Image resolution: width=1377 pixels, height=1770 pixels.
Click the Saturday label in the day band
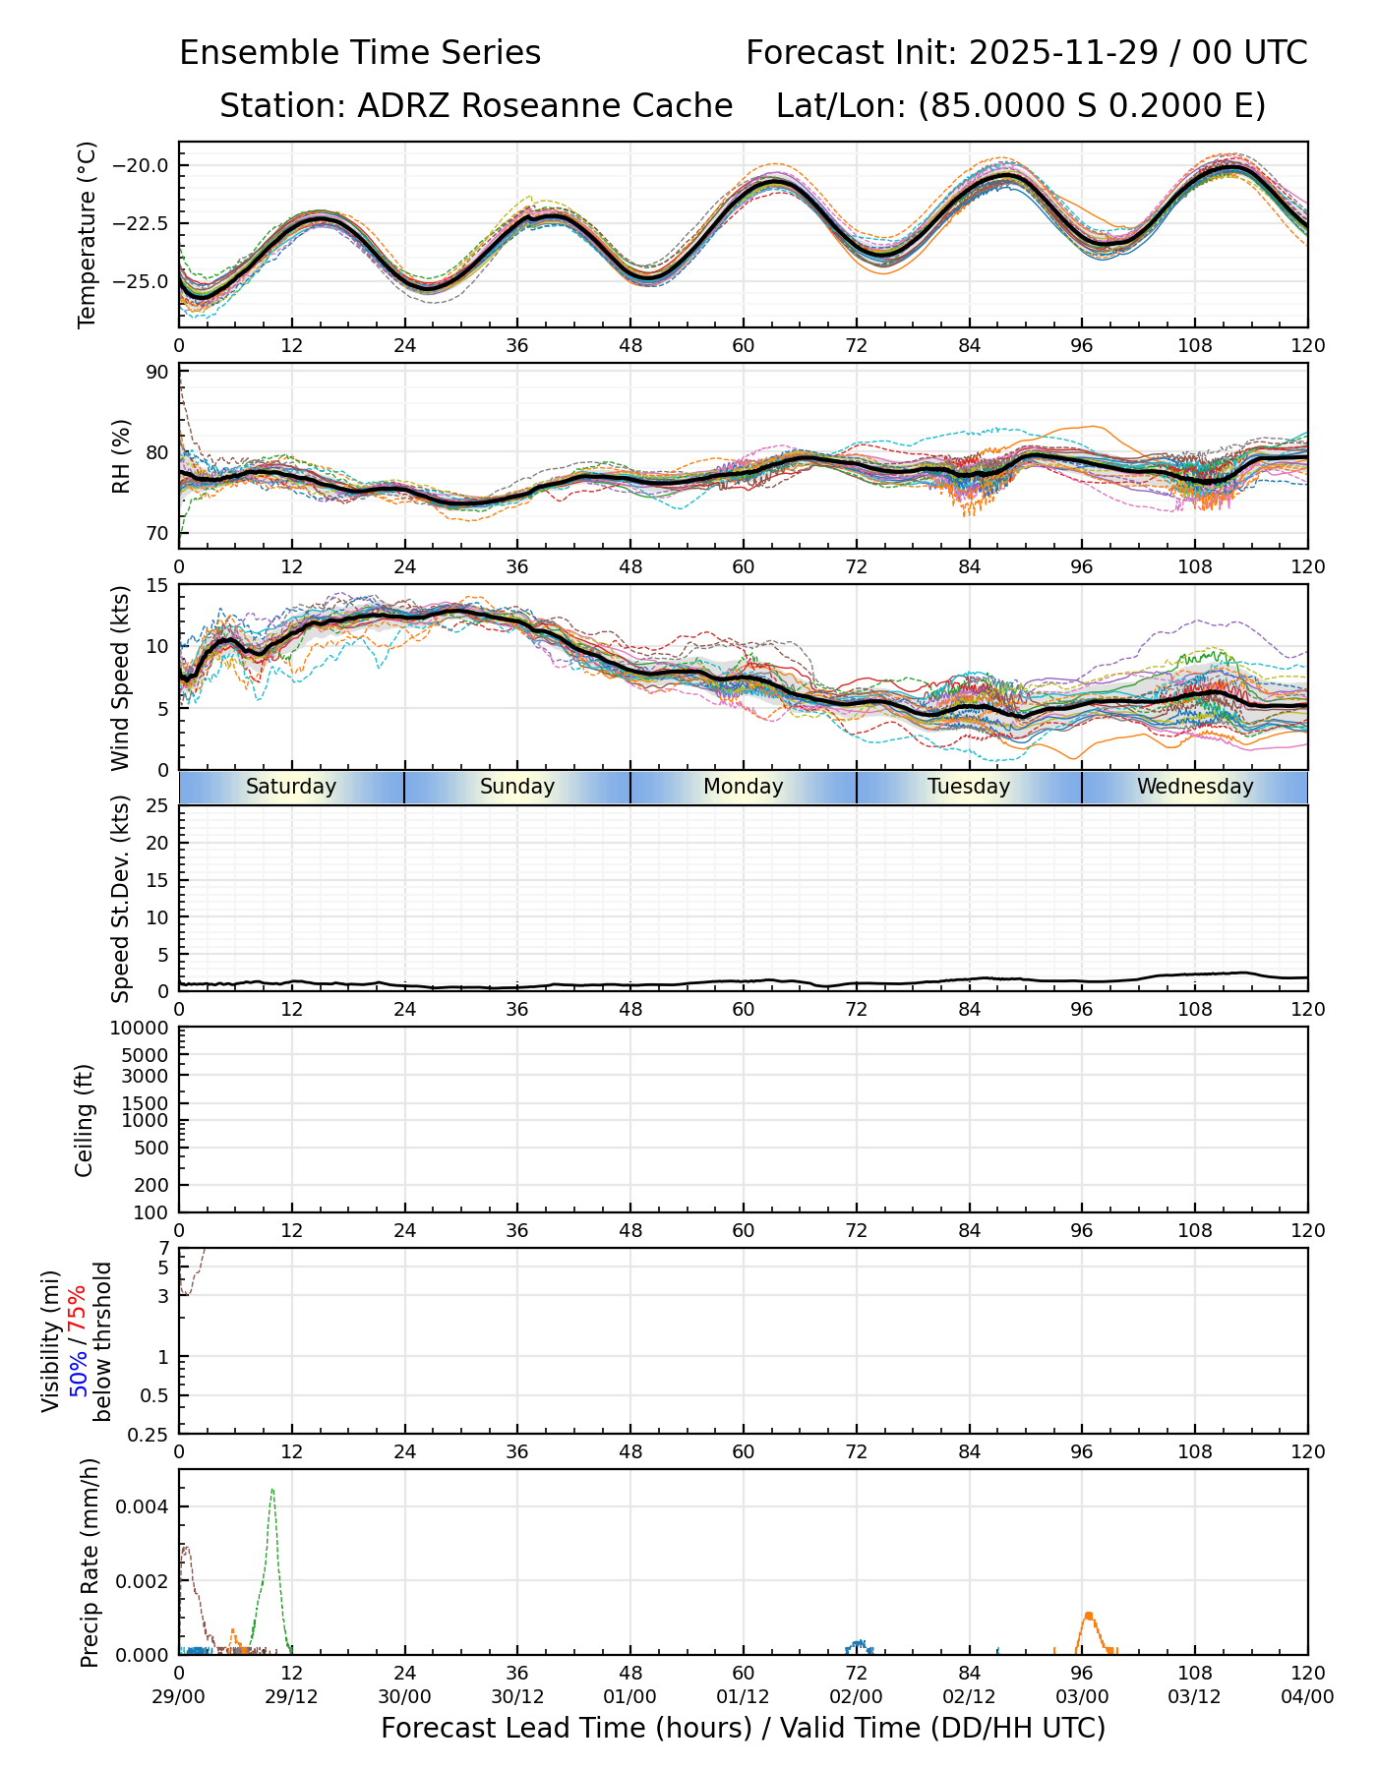[291, 787]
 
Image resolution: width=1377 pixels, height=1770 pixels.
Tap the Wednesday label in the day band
[1195, 787]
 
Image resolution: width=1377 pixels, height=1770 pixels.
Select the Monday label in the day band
[744, 787]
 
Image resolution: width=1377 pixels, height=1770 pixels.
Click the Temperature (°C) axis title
[88, 234]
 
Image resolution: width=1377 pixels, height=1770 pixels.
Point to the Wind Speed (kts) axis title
[120, 678]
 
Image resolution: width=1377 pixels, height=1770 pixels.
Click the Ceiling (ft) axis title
[86, 1120]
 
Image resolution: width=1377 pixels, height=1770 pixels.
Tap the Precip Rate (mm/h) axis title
[90, 1563]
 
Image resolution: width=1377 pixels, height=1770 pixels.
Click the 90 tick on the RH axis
[157, 372]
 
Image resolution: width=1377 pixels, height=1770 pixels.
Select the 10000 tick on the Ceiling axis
[146, 1029]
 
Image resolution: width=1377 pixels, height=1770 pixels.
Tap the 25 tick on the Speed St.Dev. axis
[157, 806]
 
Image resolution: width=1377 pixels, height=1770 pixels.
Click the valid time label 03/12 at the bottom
[1195, 1696]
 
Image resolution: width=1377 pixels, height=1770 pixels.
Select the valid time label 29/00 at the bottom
[179, 1696]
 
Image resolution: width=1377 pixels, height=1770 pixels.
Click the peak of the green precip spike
[272, 1490]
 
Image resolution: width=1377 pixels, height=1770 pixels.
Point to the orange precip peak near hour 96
[1089, 1616]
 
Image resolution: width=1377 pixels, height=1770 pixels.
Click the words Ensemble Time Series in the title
[360, 53]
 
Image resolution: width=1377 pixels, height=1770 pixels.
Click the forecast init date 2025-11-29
[1064, 53]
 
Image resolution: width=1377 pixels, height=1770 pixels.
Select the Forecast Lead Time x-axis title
[744, 1728]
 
